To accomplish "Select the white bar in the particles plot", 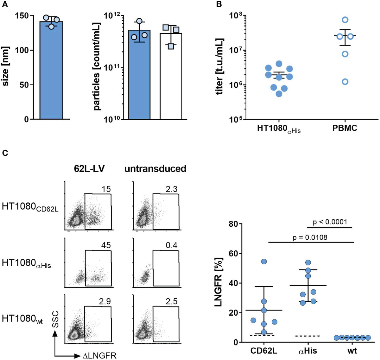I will tap(171, 76).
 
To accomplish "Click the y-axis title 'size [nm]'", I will tap(6, 67).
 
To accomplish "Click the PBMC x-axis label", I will tap(345, 128).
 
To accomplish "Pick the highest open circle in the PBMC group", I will tap(345, 20).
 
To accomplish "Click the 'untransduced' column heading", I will tap(155, 169).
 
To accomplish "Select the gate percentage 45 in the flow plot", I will tap(106, 245).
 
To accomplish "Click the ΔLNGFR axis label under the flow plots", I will tap(99, 356).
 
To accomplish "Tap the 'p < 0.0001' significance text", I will tap(329, 222).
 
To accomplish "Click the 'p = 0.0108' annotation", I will tap(310, 237).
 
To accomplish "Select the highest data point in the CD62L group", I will tap(264, 262).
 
